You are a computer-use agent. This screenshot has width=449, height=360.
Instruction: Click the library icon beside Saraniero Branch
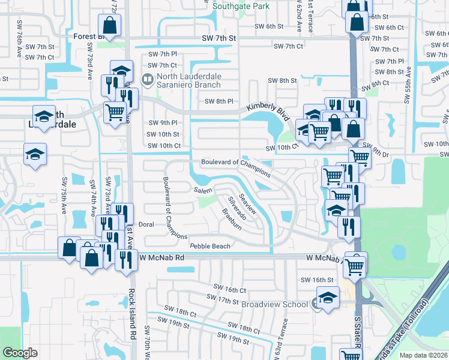pyautogui.click(x=146, y=79)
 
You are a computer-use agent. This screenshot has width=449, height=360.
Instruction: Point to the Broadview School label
pyautogui.click(x=274, y=304)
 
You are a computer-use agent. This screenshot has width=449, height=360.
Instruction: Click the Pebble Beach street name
pyautogui.click(x=210, y=246)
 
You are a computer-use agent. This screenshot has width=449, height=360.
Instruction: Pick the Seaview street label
pyautogui.click(x=247, y=203)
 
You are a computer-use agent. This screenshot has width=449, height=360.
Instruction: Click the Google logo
pyautogui.click(x=20, y=353)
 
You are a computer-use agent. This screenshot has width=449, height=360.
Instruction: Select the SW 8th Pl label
pyautogui.click(x=218, y=101)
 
